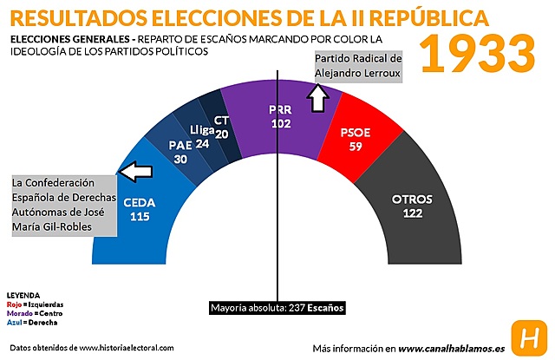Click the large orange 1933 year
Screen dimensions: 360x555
pyautogui.click(x=479, y=53)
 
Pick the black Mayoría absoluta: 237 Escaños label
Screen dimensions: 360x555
pyautogui.click(x=277, y=307)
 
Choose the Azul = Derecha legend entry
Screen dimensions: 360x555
pyautogui.click(x=25, y=321)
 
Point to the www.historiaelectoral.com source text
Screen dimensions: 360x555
pyautogui.click(x=126, y=348)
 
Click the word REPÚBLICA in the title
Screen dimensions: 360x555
pyautogui.click(x=433, y=17)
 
